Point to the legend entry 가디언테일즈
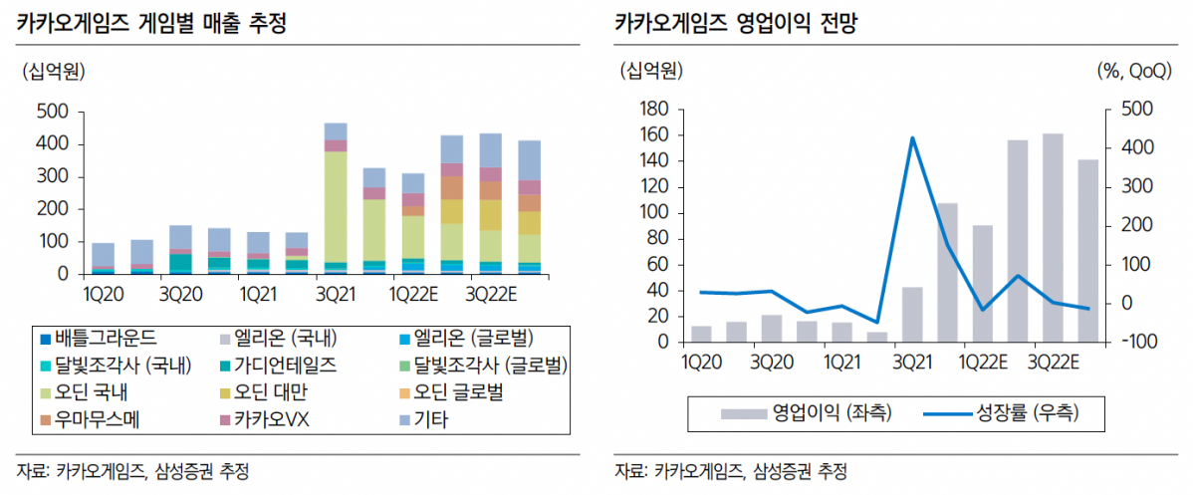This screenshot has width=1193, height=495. click(278, 365)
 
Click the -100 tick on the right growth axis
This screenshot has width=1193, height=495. click(1135, 342)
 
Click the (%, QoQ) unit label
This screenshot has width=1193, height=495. click(1135, 71)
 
